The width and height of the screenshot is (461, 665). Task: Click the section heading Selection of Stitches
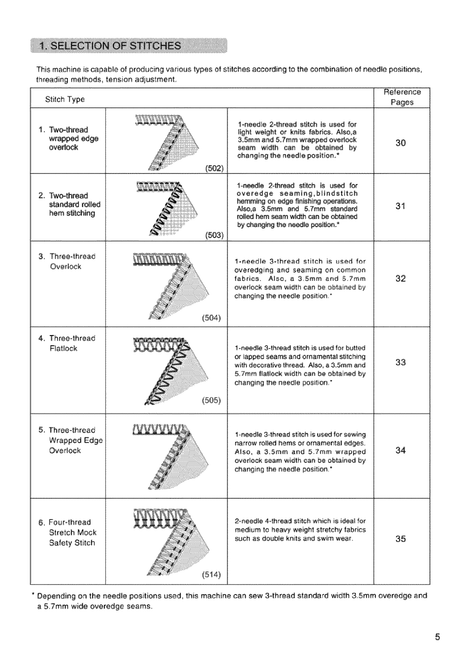111,46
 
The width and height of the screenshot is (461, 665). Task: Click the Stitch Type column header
65,99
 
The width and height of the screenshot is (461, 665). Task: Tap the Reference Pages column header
402,97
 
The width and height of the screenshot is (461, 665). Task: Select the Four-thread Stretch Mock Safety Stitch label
72,533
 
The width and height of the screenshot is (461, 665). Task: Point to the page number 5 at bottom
437,637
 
